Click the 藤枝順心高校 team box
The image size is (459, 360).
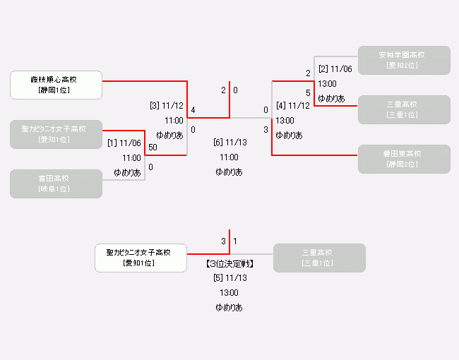pyautogui.click(x=56, y=85)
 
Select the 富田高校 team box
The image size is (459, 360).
pyautogui.click(x=56, y=184)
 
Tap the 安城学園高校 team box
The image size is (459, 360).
pyautogui.click(x=404, y=60)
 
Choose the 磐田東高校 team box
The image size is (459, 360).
pyautogui.click(x=404, y=159)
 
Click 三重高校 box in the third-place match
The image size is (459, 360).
pyautogui.click(x=319, y=258)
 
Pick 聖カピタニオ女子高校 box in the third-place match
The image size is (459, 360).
pyautogui.click(x=141, y=258)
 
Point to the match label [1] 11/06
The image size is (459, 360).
pyautogui.click(x=124, y=143)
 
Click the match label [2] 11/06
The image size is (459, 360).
pyautogui.click(x=335, y=68)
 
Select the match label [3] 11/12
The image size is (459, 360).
pyautogui.click(x=167, y=106)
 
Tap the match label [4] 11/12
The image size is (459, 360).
pyautogui.click(x=292, y=106)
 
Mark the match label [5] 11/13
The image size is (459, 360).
pyautogui.click(x=229, y=277)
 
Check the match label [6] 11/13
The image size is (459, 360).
pyautogui.click(x=229, y=142)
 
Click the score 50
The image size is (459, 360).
pyautogui.click(x=153, y=147)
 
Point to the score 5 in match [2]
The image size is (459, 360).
pyautogui.click(x=308, y=92)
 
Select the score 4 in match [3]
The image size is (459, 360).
pyautogui.click(x=193, y=109)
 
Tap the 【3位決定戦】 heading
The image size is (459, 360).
pyautogui.click(x=229, y=264)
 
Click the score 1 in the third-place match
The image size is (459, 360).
pyautogui.click(x=235, y=241)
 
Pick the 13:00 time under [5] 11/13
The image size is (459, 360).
pyautogui.click(x=229, y=292)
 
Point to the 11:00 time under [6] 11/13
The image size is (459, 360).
pyautogui.click(x=229, y=157)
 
